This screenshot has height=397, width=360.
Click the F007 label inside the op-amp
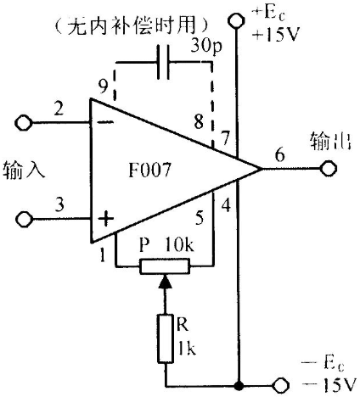149,170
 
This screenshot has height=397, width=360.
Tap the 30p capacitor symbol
164,62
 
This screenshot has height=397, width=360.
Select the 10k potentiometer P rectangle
165,266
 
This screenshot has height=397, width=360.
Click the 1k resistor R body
166,338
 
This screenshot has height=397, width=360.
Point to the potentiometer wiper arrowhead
166,282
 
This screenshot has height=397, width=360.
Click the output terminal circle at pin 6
329,169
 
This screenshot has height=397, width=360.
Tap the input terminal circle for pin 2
23,123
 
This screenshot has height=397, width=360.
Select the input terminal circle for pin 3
24,219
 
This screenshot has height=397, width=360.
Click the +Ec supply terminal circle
236,20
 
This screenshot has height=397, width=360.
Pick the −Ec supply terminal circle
280,385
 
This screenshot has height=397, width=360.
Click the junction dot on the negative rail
239,385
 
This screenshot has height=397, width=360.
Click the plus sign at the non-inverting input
105,218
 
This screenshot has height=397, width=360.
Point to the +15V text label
276,35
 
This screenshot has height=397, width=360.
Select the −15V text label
329,385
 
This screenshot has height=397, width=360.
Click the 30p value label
206,45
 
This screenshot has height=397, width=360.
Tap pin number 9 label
104,86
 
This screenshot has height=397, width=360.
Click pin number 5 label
200,217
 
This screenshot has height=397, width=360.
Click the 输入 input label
24,170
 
